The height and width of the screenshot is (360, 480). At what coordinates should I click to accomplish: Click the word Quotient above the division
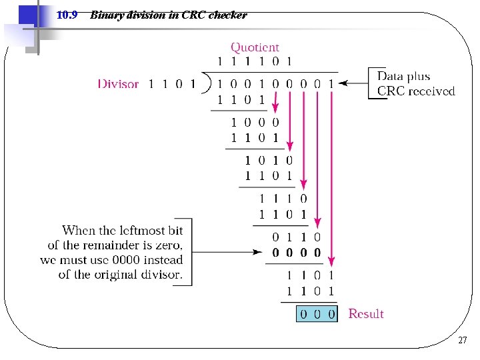[x=255, y=47]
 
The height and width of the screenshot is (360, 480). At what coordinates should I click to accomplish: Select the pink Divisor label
[x=118, y=84]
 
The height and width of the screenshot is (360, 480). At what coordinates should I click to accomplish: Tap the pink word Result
[x=366, y=313]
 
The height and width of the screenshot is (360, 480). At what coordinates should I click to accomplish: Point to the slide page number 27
[x=462, y=341]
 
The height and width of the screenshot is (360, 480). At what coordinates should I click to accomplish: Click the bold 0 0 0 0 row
[x=297, y=253]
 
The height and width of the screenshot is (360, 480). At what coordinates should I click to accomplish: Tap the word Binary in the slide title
[x=107, y=15]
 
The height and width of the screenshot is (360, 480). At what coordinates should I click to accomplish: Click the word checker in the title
[x=227, y=15]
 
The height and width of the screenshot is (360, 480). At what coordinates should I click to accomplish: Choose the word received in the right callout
[x=432, y=91]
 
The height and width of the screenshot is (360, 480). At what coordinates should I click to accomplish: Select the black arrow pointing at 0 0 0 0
[x=227, y=253]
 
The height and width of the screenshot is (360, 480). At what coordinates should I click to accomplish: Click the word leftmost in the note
[x=143, y=231]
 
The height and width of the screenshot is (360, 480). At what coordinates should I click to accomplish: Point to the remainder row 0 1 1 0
[x=297, y=237]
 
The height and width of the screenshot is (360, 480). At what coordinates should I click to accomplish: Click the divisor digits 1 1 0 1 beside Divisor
[x=171, y=84]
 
